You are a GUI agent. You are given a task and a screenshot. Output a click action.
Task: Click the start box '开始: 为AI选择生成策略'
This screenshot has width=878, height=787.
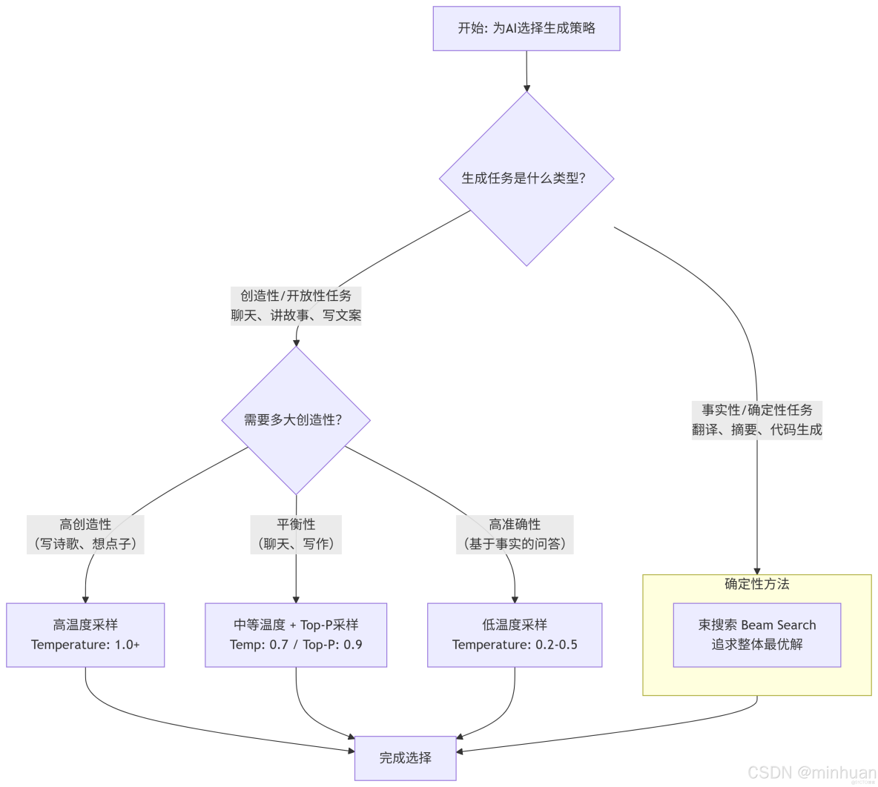526,29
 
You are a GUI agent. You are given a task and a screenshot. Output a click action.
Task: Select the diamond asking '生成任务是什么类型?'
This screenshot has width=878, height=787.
526,179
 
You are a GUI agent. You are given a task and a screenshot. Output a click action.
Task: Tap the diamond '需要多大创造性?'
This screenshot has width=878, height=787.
296,420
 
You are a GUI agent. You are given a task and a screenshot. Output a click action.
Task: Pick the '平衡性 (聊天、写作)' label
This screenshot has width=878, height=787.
296,534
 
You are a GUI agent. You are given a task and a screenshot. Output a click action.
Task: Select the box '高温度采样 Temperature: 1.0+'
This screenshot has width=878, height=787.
85,635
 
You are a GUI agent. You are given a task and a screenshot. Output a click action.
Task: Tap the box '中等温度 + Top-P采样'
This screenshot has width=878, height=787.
296,625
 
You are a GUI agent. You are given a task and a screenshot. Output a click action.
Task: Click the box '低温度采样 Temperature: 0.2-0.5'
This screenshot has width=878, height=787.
515,635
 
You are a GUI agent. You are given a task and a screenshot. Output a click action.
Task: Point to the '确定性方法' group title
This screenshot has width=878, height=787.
757,584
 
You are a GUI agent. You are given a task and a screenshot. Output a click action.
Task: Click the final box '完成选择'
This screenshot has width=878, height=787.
405,758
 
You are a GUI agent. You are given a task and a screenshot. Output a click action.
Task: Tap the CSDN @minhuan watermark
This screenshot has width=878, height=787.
811,772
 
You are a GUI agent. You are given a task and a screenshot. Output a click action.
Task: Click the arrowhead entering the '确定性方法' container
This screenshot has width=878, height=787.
757,570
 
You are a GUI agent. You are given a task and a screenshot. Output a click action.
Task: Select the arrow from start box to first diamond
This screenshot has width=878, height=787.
527,71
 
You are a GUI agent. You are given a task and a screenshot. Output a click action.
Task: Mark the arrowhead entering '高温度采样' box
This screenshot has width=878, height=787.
85,599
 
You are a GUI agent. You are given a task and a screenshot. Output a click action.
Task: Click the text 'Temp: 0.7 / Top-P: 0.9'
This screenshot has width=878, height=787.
296,645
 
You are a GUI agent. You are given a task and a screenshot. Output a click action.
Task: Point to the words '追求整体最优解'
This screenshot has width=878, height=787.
757,645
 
